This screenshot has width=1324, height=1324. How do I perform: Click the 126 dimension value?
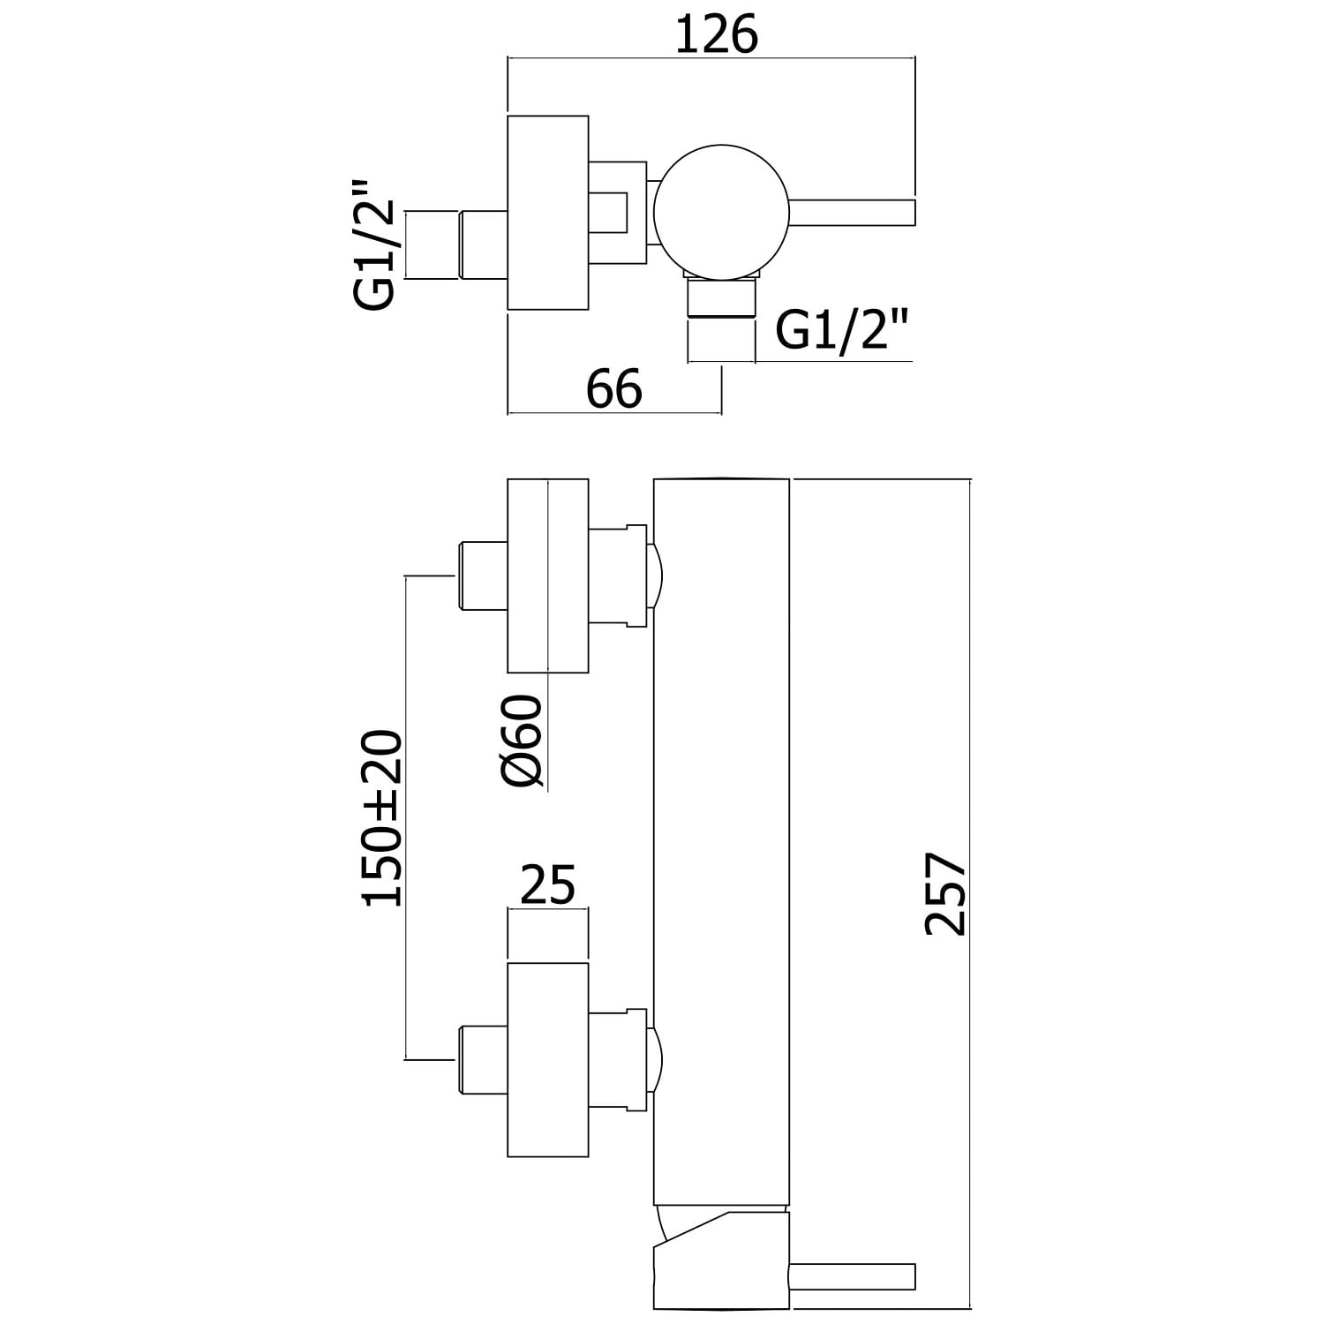click(x=717, y=35)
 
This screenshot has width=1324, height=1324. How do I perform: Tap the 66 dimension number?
click(x=614, y=389)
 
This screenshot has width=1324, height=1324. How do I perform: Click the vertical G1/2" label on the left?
click(x=373, y=246)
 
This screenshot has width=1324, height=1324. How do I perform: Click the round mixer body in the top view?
click(x=722, y=212)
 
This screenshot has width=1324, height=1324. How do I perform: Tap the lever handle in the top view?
click(x=853, y=213)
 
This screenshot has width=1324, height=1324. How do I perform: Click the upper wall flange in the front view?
click(x=547, y=575)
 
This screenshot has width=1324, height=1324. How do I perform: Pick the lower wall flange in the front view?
click(x=547, y=1059)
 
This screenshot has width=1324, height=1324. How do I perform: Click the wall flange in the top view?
click(x=547, y=213)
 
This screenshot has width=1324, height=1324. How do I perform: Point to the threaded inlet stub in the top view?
click(x=482, y=245)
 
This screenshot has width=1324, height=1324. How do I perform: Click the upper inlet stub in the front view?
click(x=482, y=575)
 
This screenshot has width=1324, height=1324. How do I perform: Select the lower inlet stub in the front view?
click(x=482, y=1059)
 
